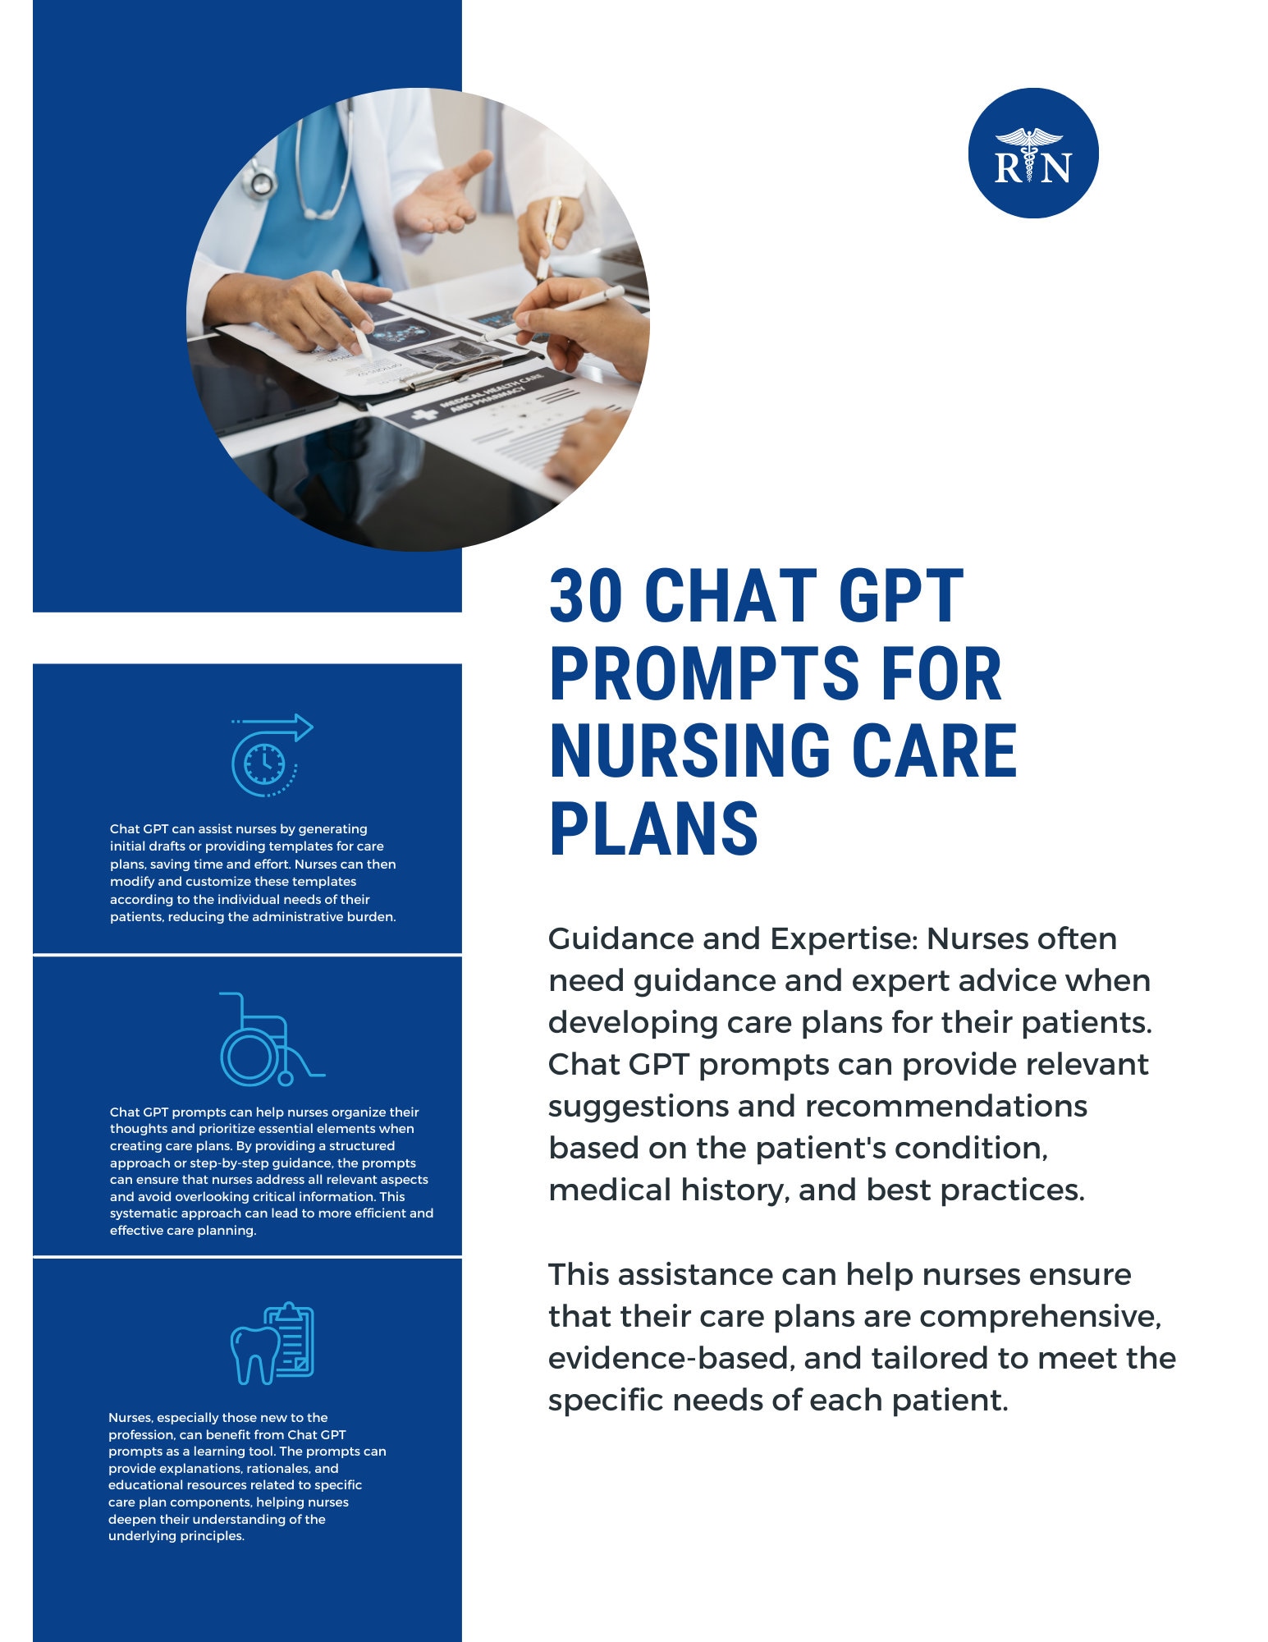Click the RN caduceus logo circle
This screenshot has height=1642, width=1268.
[1032, 154]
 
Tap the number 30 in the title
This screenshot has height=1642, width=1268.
[584, 597]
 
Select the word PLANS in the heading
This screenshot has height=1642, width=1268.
[653, 828]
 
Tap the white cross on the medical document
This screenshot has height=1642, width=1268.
[424, 415]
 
